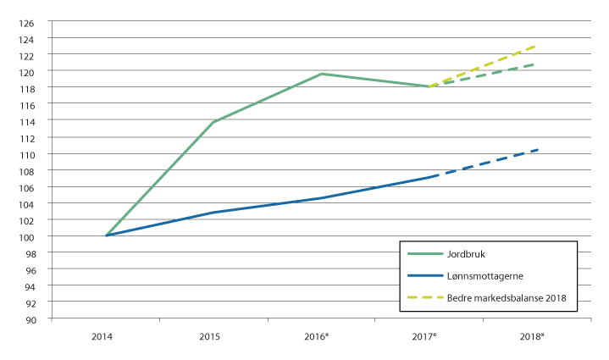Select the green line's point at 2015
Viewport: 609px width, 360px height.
[213, 122]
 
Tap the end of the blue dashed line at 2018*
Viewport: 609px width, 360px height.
[537, 150]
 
